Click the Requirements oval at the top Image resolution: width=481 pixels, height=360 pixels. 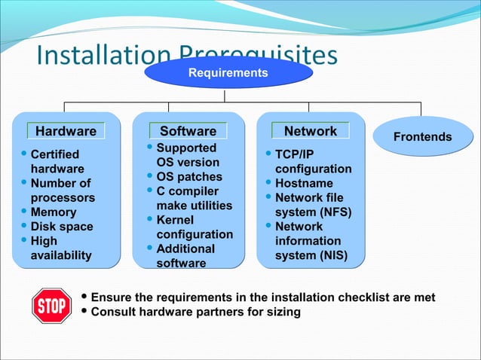[x=228, y=73]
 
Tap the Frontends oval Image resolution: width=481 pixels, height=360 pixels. [x=423, y=137]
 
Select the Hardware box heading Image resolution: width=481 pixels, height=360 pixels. [x=66, y=131]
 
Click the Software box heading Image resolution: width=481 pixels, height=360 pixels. [x=188, y=131]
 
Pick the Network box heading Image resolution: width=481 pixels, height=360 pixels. [x=310, y=131]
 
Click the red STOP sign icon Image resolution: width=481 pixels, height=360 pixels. [x=51, y=305]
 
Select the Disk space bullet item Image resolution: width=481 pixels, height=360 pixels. [x=61, y=227]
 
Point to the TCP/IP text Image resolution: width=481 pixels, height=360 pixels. [x=294, y=154]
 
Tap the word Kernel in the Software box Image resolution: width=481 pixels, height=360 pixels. [x=175, y=220]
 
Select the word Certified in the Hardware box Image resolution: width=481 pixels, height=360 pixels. [x=55, y=154]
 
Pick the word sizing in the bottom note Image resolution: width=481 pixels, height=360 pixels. [x=283, y=312]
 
